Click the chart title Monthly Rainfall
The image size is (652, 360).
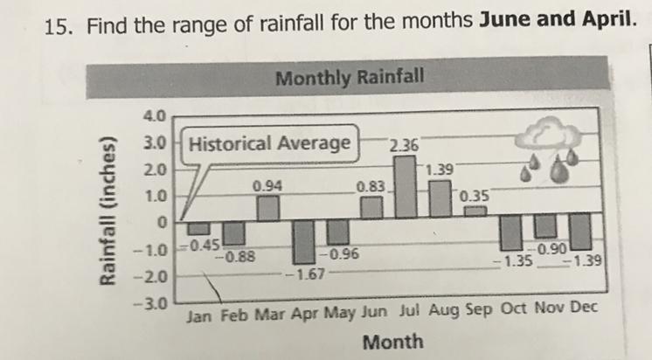tap(350, 79)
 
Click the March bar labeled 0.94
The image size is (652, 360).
tap(268, 208)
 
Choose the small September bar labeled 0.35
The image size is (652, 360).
tap(474, 211)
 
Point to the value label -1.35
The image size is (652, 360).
tap(510, 260)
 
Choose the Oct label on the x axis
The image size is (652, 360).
tap(513, 309)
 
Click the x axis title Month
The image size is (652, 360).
tap(392, 341)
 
